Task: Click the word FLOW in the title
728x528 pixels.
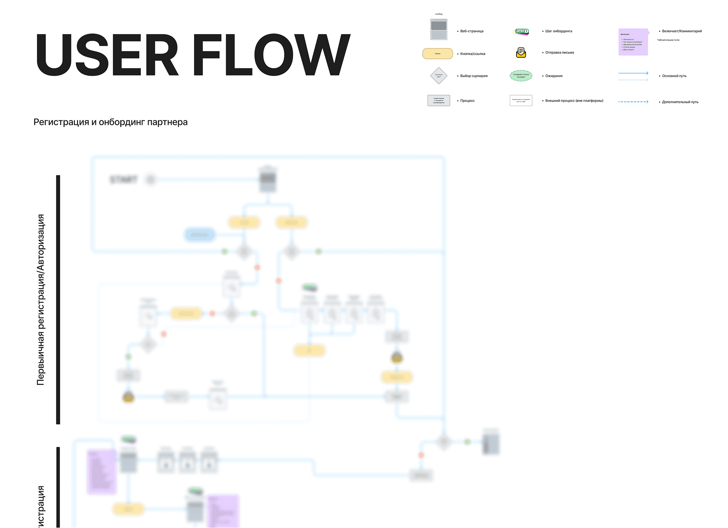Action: pyautogui.click(x=271, y=55)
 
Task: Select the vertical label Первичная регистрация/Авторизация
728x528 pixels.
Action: pyautogui.click(x=40, y=300)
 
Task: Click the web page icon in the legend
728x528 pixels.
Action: pyautogui.click(x=439, y=29)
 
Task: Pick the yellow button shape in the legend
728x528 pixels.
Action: pyautogui.click(x=438, y=54)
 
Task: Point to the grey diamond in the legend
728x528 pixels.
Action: pyautogui.click(x=439, y=76)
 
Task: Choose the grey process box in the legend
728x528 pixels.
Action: pyautogui.click(x=439, y=100)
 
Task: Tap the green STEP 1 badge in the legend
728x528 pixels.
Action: pyautogui.click(x=521, y=31)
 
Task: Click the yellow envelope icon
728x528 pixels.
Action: pyautogui.click(x=521, y=53)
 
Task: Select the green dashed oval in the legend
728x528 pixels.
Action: pyautogui.click(x=521, y=76)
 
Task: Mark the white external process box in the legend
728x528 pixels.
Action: pyautogui.click(x=521, y=100)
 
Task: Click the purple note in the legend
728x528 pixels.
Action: pyautogui.click(x=633, y=42)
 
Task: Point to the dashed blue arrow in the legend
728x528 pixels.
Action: pyautogui.click(x=633, y=102)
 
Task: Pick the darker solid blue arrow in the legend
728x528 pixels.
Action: pyautogui.click(x=633, y=73)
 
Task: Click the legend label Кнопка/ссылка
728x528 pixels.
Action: pyautogui.click(x=473, y=54)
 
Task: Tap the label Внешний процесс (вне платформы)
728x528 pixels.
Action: pyautogui.click(x=574, y=101)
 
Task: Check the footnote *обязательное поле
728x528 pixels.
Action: pyautogui.click(x=668, y=40)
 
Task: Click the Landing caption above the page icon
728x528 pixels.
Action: pyautogui.click(x=439, y=14)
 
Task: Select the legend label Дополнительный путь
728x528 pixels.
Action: pyautogui.click(x=680, y=102)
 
